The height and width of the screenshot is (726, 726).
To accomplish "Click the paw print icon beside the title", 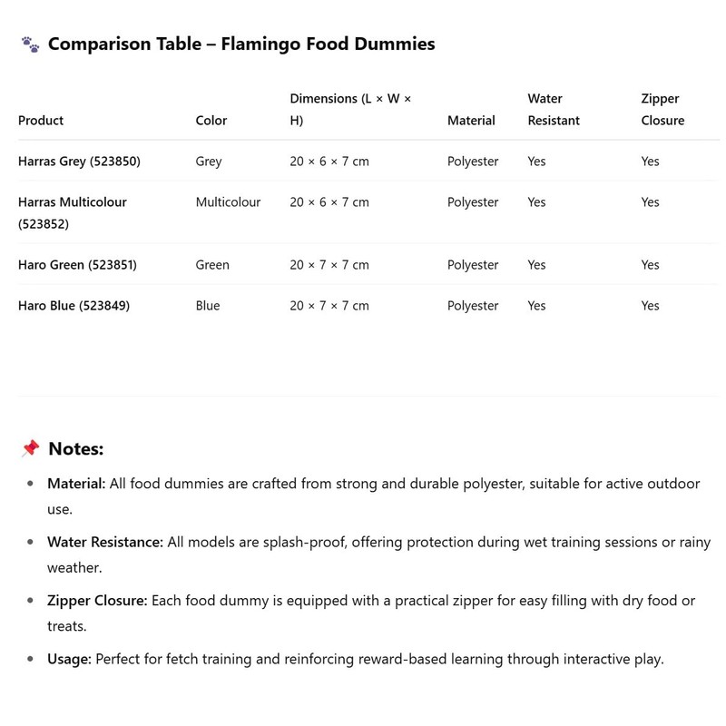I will (30, 44).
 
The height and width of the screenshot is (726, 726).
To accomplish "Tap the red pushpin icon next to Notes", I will (30, 448).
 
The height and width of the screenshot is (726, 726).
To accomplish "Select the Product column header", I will (41, 120).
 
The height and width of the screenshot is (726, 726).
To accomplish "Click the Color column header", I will (211, 120).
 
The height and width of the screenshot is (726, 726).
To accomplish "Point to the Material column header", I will (471, 120).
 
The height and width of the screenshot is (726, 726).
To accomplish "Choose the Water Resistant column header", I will (554, 109).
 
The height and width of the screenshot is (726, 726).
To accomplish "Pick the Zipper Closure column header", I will (662, 109).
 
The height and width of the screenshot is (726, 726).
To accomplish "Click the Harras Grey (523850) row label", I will (79, 162).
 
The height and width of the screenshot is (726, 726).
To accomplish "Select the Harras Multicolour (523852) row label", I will (73, 212).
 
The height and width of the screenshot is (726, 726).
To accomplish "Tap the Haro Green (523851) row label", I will (77, 265).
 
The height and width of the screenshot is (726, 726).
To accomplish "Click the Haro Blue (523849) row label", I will (74, 306).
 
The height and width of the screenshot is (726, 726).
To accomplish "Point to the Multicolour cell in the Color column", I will (228, 202).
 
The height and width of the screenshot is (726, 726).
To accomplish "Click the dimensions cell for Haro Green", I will (329, 265).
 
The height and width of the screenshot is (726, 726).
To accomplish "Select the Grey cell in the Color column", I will (209, 162).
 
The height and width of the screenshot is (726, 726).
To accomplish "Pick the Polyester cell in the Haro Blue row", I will (473, 306).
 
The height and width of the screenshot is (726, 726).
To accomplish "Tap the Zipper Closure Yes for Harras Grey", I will (650, 162).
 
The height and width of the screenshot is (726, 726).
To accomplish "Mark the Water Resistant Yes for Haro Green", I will (536, 265).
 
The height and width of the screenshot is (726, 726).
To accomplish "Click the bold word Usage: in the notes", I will (69, 659).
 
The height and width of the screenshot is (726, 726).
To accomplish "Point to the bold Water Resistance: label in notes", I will (105, 542).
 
